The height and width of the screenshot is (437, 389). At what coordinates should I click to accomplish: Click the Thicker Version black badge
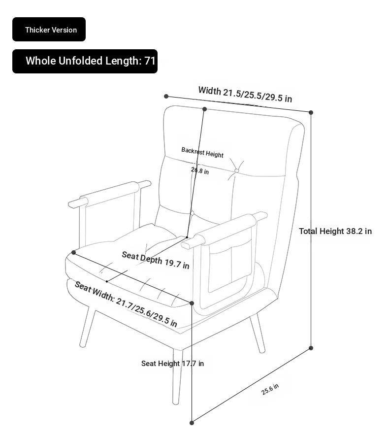coord(49,29)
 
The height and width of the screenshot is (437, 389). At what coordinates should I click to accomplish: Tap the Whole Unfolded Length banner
coord(85,61)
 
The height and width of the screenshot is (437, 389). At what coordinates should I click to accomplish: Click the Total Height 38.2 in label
coord(335,231)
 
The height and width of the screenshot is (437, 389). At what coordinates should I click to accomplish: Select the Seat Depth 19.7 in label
coord(156,260)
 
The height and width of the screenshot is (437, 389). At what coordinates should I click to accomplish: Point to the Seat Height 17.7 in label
coord(172,364)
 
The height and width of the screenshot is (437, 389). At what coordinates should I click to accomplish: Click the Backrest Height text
coord(202,152)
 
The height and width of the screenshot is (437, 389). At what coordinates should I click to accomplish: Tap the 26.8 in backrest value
coord(200,170)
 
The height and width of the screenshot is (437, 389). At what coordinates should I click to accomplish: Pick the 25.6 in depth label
coord(270,389)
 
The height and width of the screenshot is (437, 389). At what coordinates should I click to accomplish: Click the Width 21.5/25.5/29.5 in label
coord(245,94)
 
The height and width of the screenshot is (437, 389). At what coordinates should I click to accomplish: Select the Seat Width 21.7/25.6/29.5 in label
coord(126,304)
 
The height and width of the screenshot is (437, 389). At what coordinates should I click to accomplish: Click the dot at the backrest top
coord(205,109)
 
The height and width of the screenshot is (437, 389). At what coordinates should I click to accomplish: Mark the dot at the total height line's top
coord(311,113)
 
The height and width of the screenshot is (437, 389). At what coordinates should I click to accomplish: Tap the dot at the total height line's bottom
coord(311,348)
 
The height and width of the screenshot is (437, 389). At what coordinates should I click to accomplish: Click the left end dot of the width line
coord(166,97)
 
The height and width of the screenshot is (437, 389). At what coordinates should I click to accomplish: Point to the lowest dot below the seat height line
coord(192,423)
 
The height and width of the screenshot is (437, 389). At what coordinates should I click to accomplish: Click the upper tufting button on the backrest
coord(236,170)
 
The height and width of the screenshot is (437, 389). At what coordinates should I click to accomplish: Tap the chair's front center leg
coord(177,376)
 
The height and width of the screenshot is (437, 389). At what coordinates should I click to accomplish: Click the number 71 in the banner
coord(150,61)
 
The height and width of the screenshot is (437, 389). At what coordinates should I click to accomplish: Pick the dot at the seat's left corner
coord(73,253)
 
